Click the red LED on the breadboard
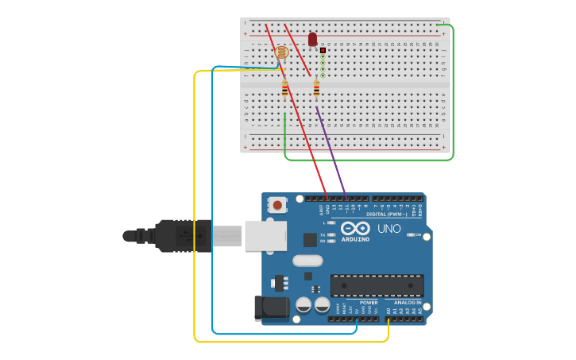pos(312,38)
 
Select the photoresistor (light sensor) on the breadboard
pos(281,52)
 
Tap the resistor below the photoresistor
pos(284,90)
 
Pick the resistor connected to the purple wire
pos(316,89)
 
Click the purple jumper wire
pos(331,151)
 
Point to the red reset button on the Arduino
pos(277,205)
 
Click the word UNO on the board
pos(389,228)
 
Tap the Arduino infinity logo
pos(355,229)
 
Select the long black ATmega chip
pos(377,285)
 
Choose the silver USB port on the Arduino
pos(265,235)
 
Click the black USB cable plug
pos(183,235)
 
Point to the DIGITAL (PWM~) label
pos(387,215)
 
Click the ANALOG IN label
pos(408,302)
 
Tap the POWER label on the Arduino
pos(369,302)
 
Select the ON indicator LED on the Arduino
pos(410,235)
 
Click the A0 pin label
pos(389,311)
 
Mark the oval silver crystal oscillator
pos(307,260)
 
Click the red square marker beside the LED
pos(323,50)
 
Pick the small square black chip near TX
pos(310,239)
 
